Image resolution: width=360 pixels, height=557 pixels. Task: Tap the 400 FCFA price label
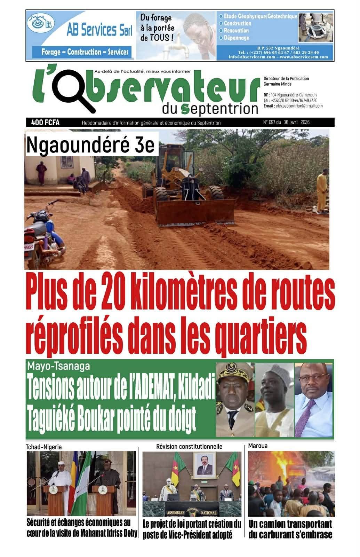tap(45, 123)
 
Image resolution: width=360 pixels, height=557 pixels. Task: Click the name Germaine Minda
tap(278, 84)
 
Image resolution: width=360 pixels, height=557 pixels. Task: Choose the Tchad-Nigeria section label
tap(43, 447)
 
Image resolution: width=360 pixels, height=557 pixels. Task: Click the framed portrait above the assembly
tap(204, 465)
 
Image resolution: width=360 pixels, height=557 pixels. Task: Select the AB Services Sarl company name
tap(99, 31)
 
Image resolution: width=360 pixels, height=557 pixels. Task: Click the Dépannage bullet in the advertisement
tap(236, 38)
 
